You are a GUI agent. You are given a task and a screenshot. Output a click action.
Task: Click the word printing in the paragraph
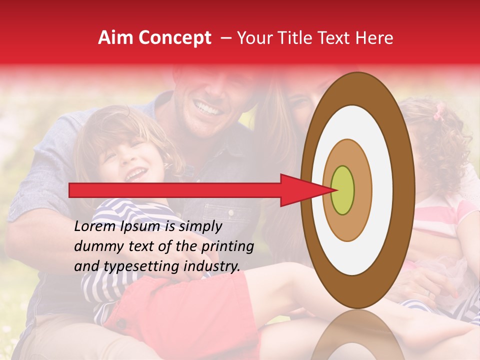point(227,246)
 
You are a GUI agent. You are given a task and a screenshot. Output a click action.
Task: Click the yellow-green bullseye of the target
point(343,190)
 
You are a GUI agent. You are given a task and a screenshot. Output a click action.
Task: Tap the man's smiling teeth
point(206,106)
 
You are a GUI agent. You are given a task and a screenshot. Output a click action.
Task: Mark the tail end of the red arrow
point(70,190)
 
